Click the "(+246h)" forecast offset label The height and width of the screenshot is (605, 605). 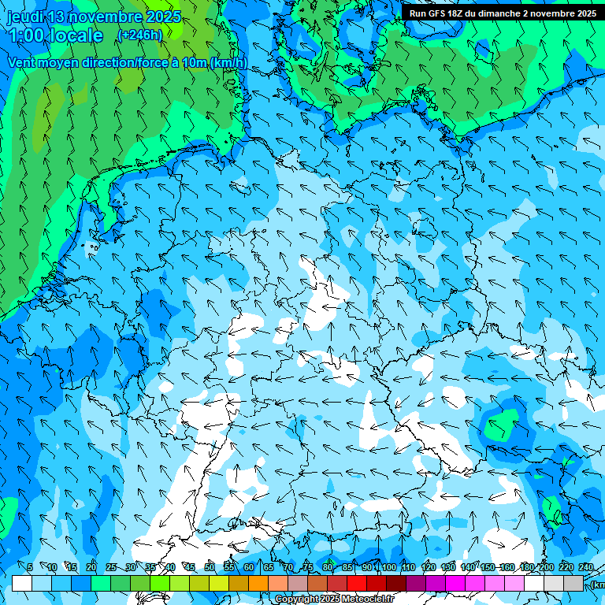tap(139, 35)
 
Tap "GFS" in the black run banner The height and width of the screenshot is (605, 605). tap(440, 13)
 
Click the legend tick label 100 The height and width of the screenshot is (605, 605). tap(388, 567)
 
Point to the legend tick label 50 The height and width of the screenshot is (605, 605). tap(209, 567)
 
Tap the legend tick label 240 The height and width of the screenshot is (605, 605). tap(585, 567)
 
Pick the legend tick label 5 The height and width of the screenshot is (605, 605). tap(30, 567)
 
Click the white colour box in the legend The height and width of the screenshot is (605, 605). tap(22, 583)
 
